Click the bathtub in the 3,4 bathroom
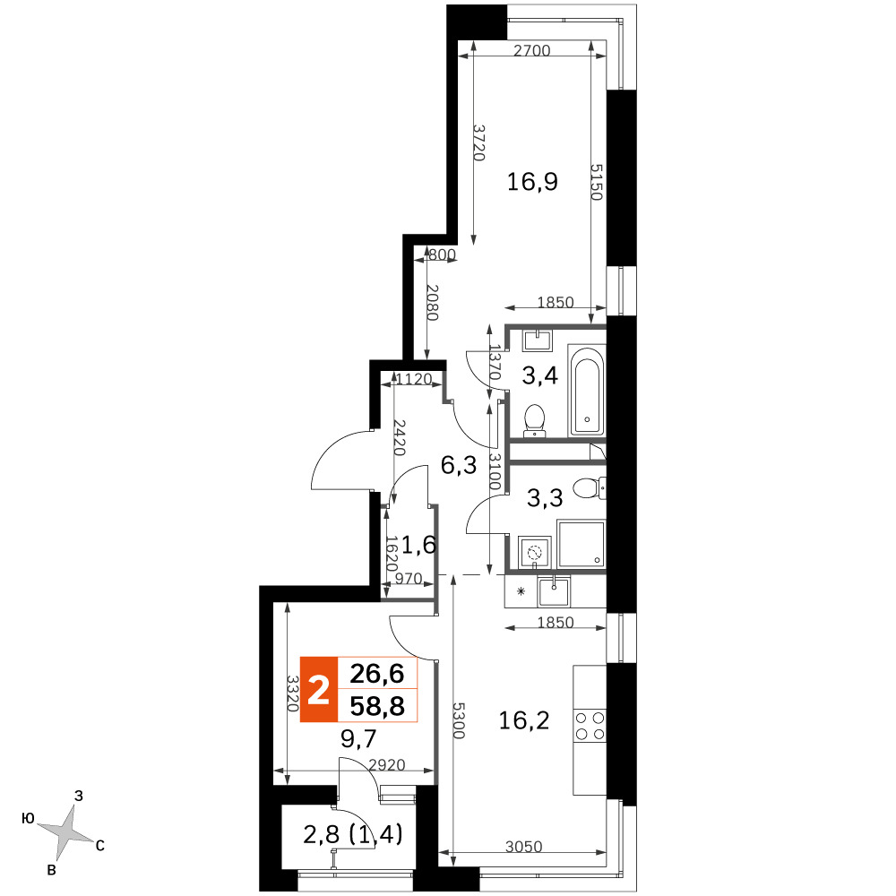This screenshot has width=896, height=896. point(587,391)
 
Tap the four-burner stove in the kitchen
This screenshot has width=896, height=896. point(590,726)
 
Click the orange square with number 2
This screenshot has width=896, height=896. point(319,690)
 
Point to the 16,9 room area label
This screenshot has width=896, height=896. point(532,182)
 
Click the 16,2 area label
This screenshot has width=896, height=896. point(524,720)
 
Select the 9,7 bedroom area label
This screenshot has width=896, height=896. point(358,739)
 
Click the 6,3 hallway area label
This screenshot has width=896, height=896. point(459,466)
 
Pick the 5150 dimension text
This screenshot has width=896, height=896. point(597,182)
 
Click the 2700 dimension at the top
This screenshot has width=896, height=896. point(532,51)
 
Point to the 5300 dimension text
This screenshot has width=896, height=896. point(459,720)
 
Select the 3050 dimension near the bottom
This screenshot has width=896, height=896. point(524,846)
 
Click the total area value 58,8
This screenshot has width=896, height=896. point(377,706)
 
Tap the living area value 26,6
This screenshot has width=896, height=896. point(377,674)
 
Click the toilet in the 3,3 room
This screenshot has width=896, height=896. point(589,488)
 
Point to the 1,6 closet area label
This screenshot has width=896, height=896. point(418,545)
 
